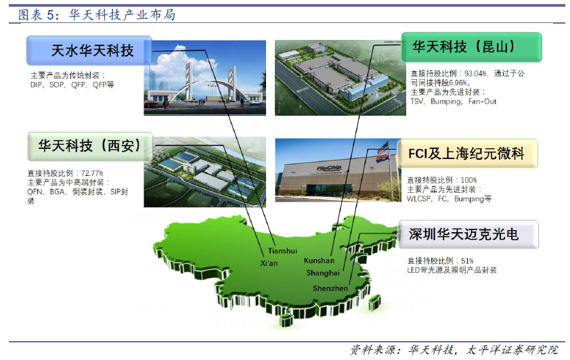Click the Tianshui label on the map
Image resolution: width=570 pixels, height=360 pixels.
coord(282,250)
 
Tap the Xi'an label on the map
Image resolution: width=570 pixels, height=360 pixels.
coord(269,263)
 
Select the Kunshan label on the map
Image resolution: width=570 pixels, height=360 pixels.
coord(319,261)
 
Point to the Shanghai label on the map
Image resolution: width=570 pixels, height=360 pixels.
coord(323,273)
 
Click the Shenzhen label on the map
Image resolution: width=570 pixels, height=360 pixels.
coord(330,288)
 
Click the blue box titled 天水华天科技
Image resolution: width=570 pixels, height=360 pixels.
coord(89,51)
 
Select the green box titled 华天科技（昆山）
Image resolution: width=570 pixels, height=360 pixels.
coord(471,47)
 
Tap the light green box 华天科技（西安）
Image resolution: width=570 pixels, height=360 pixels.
coord(90,146)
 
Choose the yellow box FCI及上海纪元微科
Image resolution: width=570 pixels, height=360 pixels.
coord(468,154)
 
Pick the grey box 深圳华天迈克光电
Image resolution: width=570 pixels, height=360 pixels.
coord(468,234)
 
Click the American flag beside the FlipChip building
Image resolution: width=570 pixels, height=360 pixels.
coord(383,148)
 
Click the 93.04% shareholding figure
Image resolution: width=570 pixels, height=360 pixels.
coord(475,74)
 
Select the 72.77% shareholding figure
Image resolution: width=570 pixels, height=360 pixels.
coord(92,173)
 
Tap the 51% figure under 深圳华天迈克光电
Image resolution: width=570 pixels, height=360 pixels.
coord(467,261)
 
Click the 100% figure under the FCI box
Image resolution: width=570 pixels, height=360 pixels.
coord(468,180)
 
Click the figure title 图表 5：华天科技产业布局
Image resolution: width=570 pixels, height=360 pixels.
coord(97,15)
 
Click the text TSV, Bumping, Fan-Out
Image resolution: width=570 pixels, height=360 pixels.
coord(454,102)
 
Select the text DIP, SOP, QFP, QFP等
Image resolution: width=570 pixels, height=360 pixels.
coord(72,85)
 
